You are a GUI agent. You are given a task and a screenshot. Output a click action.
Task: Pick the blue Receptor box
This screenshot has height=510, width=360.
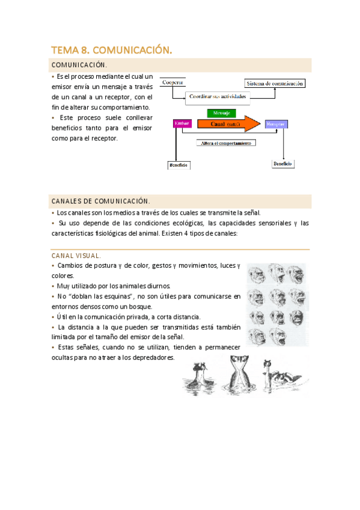coord(276,124)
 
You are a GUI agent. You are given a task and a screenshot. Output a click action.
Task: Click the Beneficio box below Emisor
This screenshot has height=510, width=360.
coord(178,164)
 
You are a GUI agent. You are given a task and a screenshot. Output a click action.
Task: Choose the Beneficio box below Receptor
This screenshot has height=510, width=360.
coord(282,163)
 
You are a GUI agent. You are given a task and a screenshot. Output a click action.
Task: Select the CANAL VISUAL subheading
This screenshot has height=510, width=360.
coord(76,256)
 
